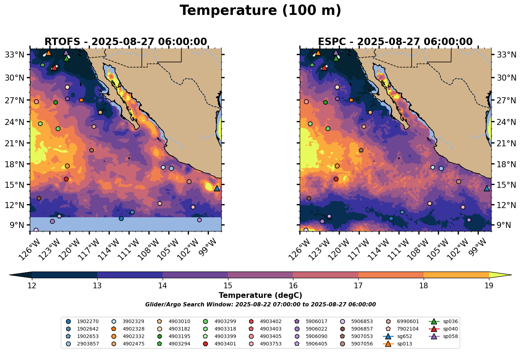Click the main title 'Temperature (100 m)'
click(260, 11)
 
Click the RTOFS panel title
click(125, 42)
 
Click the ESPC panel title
click(395, 42)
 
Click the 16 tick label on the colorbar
click(293, 286)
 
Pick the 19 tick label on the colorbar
click(489, 286)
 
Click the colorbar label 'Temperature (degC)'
click(260, 295)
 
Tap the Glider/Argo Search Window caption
click(260, 305)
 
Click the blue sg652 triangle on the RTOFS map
click(217, 189)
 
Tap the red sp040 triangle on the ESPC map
click(324, 67)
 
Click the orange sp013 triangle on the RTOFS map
click(49, 53)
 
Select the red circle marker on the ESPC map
click(336, 179)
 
